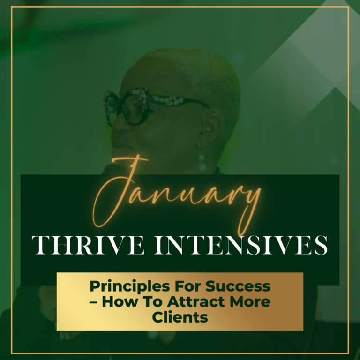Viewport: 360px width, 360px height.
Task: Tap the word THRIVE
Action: [x=88, y=245]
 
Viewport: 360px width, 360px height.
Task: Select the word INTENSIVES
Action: [x=241, y=245]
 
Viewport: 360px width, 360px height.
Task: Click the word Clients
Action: [x=180, y=317]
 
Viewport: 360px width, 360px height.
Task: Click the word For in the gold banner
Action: [x=188, y=286]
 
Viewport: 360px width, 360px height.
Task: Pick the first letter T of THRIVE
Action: [x=41, y=245]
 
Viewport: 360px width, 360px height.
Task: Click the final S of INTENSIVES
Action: [x=321, y=245]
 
